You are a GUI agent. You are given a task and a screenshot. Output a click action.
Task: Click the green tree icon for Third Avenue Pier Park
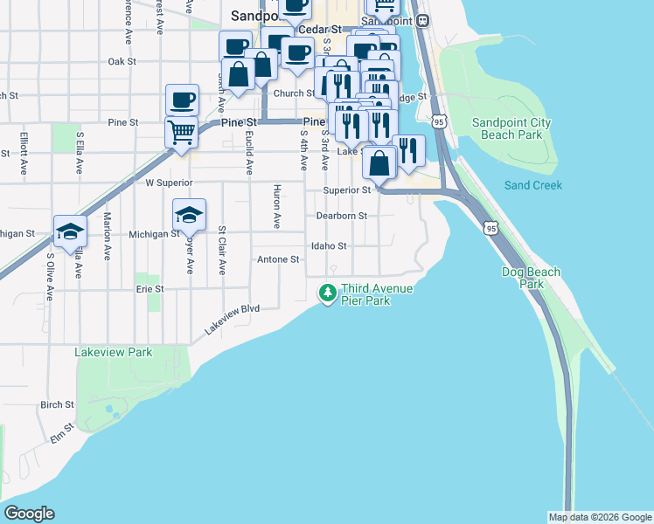pos(328,293)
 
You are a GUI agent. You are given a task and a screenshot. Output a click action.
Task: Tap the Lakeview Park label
pos(113,352)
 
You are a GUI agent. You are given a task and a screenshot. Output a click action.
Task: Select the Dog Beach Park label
pos(531,278)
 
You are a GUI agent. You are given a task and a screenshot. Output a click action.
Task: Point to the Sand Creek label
pos(532,185)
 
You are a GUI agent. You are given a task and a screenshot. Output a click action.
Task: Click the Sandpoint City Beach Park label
pos(511,129)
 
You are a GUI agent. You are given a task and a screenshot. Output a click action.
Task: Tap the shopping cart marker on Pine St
pos(181,133)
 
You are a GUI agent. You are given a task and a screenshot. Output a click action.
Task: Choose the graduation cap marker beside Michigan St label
pos(190,215)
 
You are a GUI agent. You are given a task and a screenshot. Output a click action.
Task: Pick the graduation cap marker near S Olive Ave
pos(70,231)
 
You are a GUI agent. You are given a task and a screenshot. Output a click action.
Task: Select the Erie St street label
pos(150,288)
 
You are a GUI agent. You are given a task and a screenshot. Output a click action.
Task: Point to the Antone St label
pos(278,259)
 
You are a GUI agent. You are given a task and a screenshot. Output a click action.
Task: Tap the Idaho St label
pos(330,246)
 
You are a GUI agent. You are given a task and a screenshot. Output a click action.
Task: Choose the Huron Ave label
pos(276,207)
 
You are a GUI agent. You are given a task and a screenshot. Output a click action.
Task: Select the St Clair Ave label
pos(222,251)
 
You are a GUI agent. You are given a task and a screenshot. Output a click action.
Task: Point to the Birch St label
pos(57,404)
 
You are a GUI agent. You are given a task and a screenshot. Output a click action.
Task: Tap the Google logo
pos(29,514)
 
